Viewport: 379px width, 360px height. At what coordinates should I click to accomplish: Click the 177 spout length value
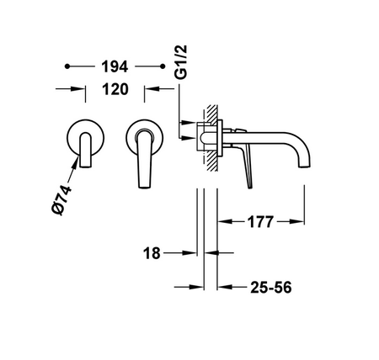[x=260, y=222]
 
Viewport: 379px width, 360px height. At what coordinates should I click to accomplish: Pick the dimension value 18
[x=152, y=251]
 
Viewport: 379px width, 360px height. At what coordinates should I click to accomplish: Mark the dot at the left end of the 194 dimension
[x=69, y=64]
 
